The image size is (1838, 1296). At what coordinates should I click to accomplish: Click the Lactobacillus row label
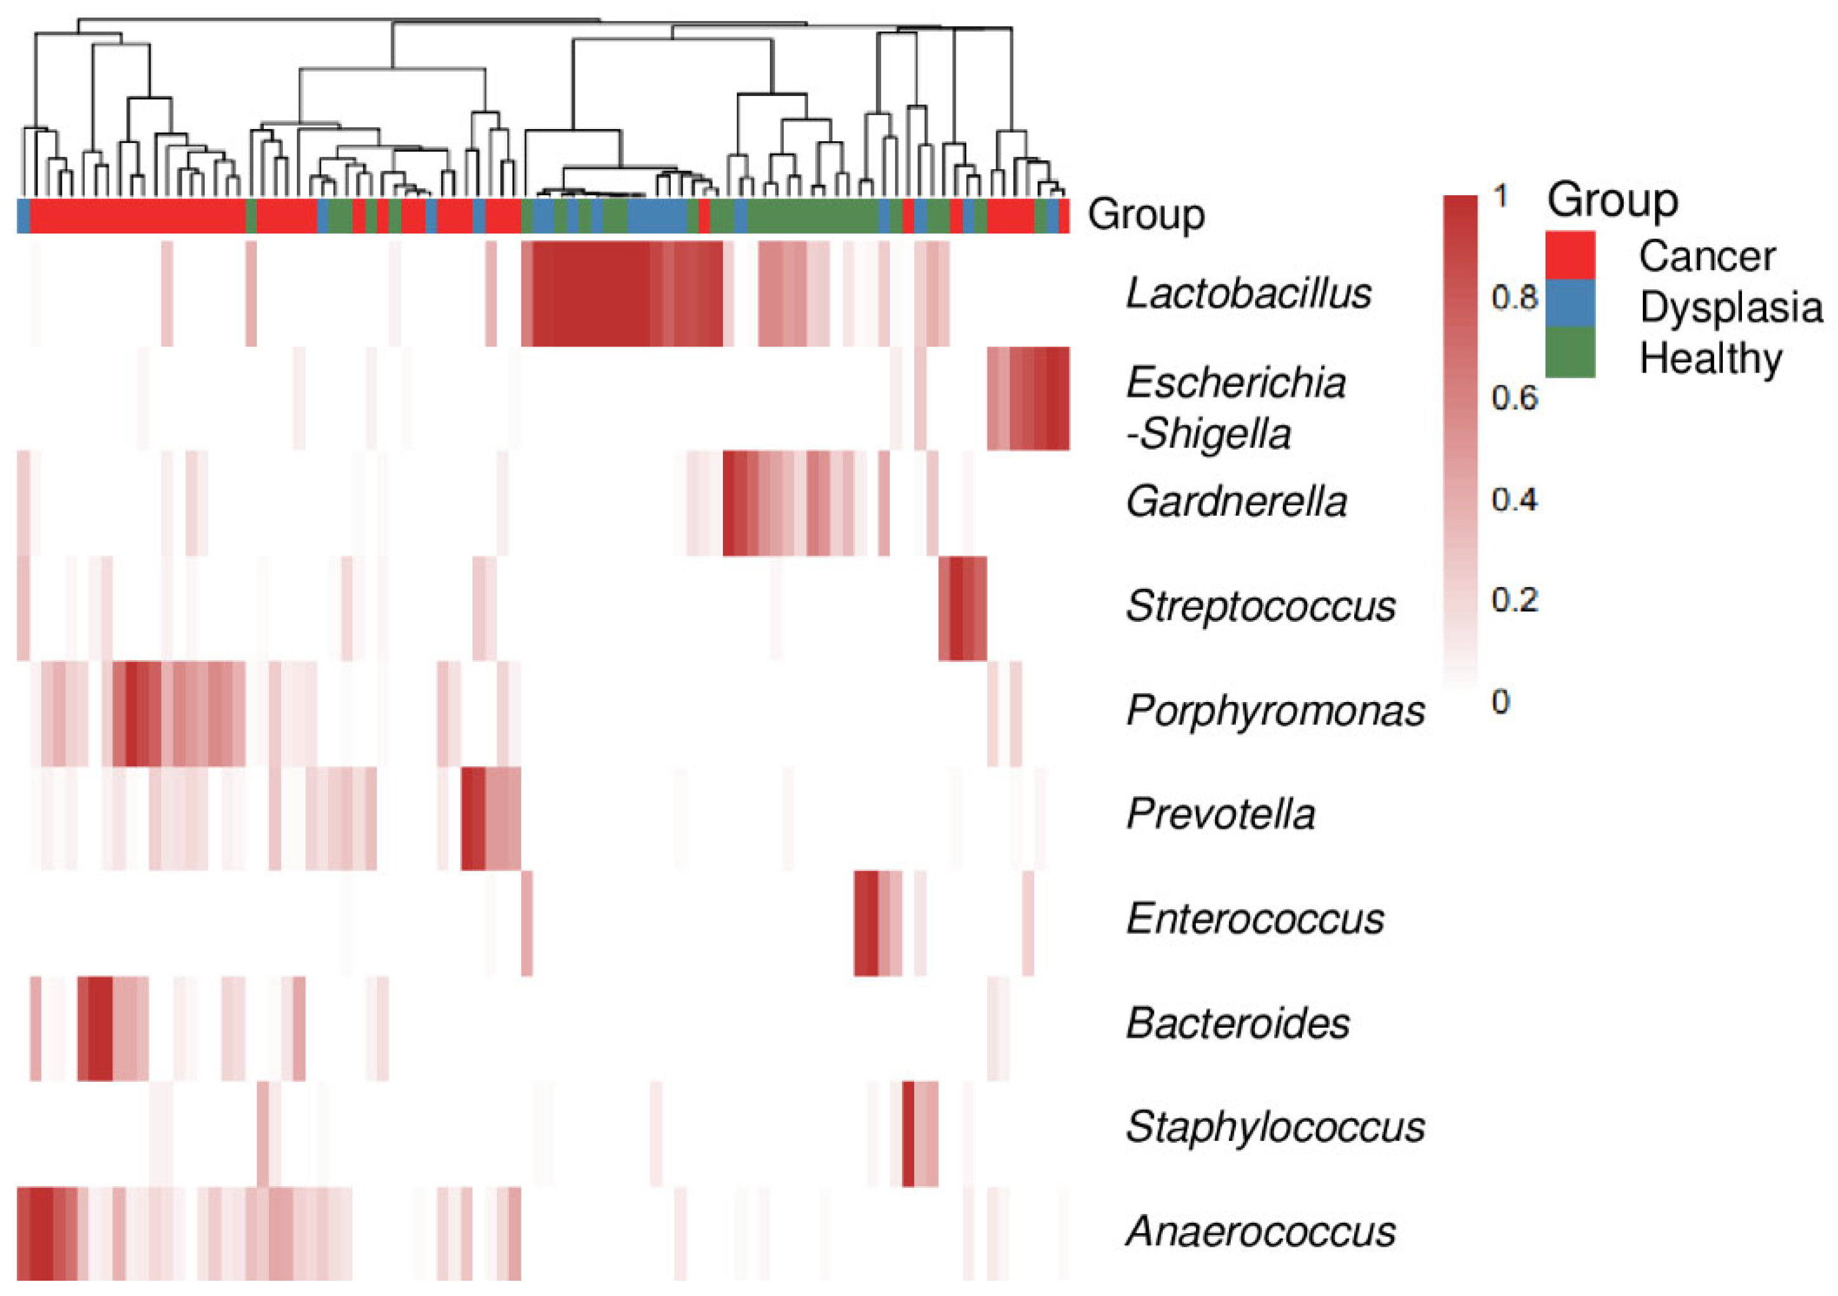[x=1248, y=293]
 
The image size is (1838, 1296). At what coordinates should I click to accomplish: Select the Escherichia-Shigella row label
[x=1235, y=408]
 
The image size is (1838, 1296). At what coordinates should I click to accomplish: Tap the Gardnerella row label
[x=1236, y=502]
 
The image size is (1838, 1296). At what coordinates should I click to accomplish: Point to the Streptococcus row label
[x=1260, y=606]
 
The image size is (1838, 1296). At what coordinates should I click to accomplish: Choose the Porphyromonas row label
[x=1275, y=710]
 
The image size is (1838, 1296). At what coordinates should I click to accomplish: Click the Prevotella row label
[x=1220, y=814]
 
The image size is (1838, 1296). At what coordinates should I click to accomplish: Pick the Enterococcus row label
[x=1254, y=918]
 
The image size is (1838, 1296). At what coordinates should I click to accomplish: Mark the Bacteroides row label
[x=1237, y=1023]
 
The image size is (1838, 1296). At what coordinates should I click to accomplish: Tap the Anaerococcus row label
[x=1260, y=1231]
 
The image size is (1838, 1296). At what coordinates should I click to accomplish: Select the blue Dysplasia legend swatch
[x=1570, y=304]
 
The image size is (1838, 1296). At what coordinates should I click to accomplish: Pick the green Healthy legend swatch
[x=1570, y=353]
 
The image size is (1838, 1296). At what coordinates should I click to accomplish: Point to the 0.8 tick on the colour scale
[x=1514, y=298]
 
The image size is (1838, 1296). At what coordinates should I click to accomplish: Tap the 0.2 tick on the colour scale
[x=1514, y=600]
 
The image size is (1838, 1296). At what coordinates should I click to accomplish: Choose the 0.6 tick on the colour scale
[x=1514, y=398]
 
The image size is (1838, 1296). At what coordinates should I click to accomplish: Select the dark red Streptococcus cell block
[x=961, y=609]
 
